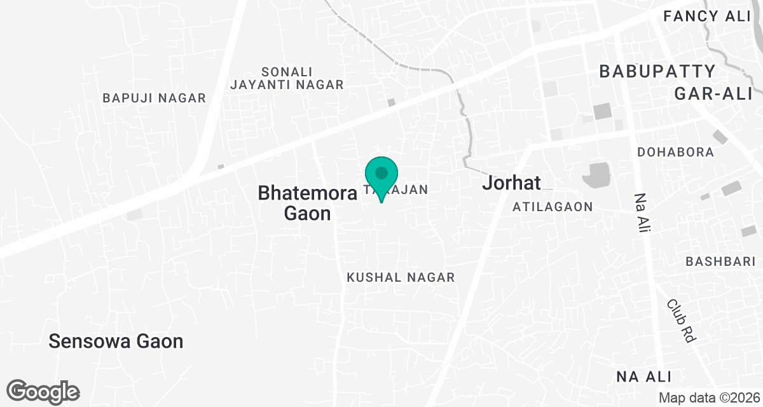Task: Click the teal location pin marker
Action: click(381, 178)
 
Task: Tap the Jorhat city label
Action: click(511, 183)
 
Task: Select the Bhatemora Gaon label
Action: click(307, 203)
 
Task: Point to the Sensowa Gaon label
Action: click(116, 341)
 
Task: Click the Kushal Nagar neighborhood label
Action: click(401, 277)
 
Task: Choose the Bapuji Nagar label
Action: click(155, 98)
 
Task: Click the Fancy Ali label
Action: click(707, 17)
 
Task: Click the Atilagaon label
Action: click(553, 207)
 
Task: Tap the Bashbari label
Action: click(720, 261)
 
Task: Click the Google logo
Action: click(43, 391)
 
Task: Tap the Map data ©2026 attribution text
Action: click(709, 397)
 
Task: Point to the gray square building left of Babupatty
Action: click(601, 111)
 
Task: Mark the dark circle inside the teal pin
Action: click(381, 172)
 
